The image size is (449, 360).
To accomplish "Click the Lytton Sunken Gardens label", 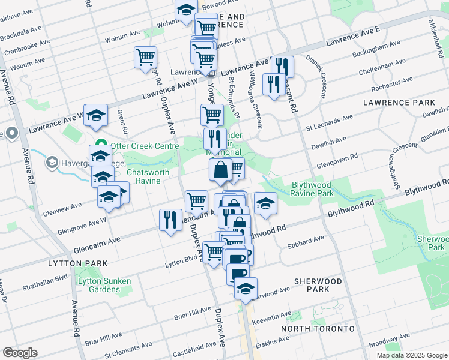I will (99, 285).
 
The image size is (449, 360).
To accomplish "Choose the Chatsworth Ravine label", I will (143, 176).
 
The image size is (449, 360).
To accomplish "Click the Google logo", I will (20, 353).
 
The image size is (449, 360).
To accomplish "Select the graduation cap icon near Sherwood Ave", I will (246, 289).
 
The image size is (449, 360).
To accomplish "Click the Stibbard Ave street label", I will (310, 241).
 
